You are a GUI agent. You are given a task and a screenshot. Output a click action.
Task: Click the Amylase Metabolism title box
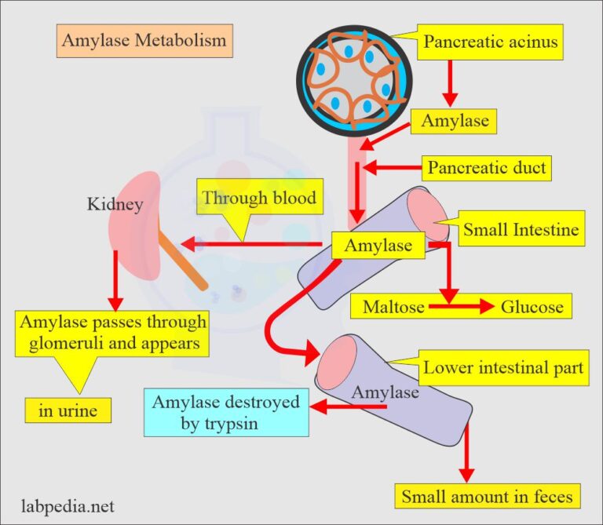coord(145,39)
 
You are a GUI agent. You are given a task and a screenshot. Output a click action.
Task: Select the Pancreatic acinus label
coord(492,42)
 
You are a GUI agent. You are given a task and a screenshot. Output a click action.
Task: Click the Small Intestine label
coord(521,230)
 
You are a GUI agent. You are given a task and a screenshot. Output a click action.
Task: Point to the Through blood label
coord(259,199)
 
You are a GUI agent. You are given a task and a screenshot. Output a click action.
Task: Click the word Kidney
coord(115,206)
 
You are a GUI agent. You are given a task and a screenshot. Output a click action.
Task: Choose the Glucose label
coord(532,307)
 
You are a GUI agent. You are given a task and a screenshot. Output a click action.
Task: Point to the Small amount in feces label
coord(487,496)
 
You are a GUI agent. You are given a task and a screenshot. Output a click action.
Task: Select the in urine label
coord(64,409)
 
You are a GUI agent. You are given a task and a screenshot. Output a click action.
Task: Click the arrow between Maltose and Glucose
coord(460,307)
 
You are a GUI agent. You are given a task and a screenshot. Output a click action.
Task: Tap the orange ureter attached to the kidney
coord(185,259)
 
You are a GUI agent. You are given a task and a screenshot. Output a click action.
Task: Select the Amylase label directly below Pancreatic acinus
coord(455,121)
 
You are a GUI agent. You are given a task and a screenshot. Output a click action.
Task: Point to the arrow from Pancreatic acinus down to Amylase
coord(450,82)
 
